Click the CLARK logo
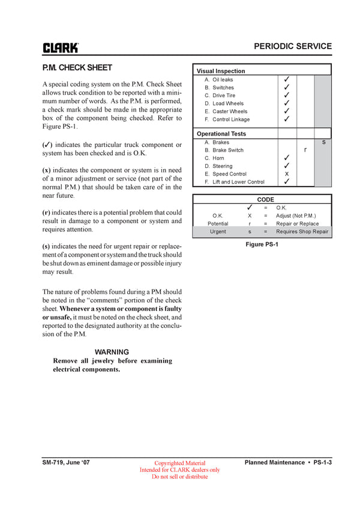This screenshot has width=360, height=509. click(x=60, y=47)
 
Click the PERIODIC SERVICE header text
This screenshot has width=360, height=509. click(x=292, y=46)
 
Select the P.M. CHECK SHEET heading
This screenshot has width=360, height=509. click(x=77, y=68)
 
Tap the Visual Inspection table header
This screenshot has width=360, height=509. click(x=221, y=71)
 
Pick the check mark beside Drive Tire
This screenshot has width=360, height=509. click(x=287, y=95)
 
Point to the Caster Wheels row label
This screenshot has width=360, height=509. click(x=230, y=112)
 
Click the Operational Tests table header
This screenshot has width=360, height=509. click(x=221, y=134)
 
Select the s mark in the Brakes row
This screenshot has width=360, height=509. click(x=323, y=142)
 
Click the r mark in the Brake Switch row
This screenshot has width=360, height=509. click(x=305, y=150)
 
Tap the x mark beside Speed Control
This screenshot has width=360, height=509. click(x=287, y=174)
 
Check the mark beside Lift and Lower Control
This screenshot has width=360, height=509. click(x=287, y=182)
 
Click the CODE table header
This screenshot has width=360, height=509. click(x=265, y=200)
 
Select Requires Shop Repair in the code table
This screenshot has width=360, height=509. click(x=302, y=231)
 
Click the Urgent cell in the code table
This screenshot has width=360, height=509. click(x=218, y=231)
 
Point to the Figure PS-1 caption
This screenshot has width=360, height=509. click(x=262, y=245)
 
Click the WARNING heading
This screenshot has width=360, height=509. click(x=112, y=352)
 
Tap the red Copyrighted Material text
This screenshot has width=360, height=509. click(x=179, y=463)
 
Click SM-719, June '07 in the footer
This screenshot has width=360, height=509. click(x=66, y=462)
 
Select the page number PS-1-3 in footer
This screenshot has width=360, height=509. click(x=321, y=462)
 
